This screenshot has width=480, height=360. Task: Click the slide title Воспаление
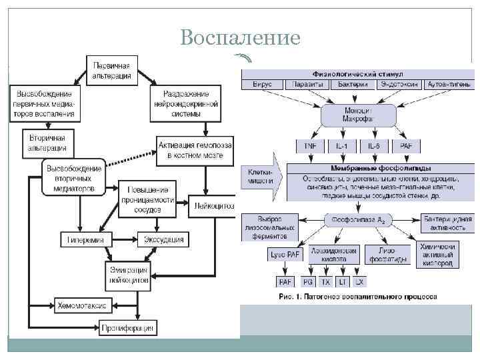point(240,38)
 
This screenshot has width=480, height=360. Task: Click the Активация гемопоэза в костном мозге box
point(195,150)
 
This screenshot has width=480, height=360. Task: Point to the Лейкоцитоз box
point(213,206)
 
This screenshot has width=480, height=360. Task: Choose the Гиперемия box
point(88,239)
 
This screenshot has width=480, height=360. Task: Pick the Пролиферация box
point(128,328)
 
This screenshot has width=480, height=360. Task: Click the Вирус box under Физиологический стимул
point(263,85)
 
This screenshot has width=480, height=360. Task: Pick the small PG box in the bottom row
point(307,282)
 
